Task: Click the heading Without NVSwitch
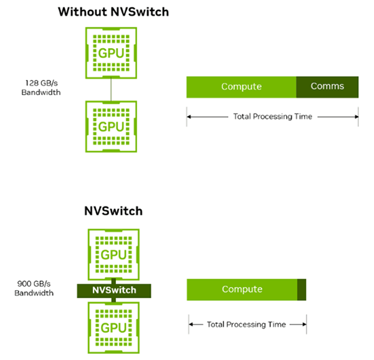(x=113, y=12)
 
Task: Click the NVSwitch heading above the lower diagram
(x=113, y=211)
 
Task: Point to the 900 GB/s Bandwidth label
(x=36, y=288)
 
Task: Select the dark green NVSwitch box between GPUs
(x=113, y=290)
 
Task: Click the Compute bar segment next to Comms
(x=241, y=87)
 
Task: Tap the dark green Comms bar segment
(x=327, y=87)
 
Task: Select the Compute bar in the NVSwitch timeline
(x=242, y=289)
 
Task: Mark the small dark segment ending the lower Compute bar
(x=302, y=289)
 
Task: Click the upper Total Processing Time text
(x=272, y=117)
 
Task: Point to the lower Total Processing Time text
(x=246, y=324)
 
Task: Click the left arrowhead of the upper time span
(x=189, y=117)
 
